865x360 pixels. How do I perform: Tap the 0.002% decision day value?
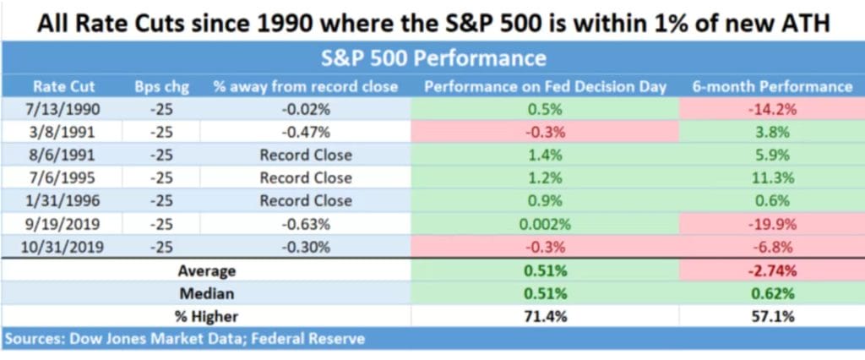coord(545,224)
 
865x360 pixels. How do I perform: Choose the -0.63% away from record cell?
coord(306,224)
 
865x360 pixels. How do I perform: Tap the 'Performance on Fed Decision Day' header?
coord(545,86)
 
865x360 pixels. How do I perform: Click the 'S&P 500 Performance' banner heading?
coord(433,59)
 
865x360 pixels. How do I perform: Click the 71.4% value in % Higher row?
coord(545,317)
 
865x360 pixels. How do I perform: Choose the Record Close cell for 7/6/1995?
coord(306,178)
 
